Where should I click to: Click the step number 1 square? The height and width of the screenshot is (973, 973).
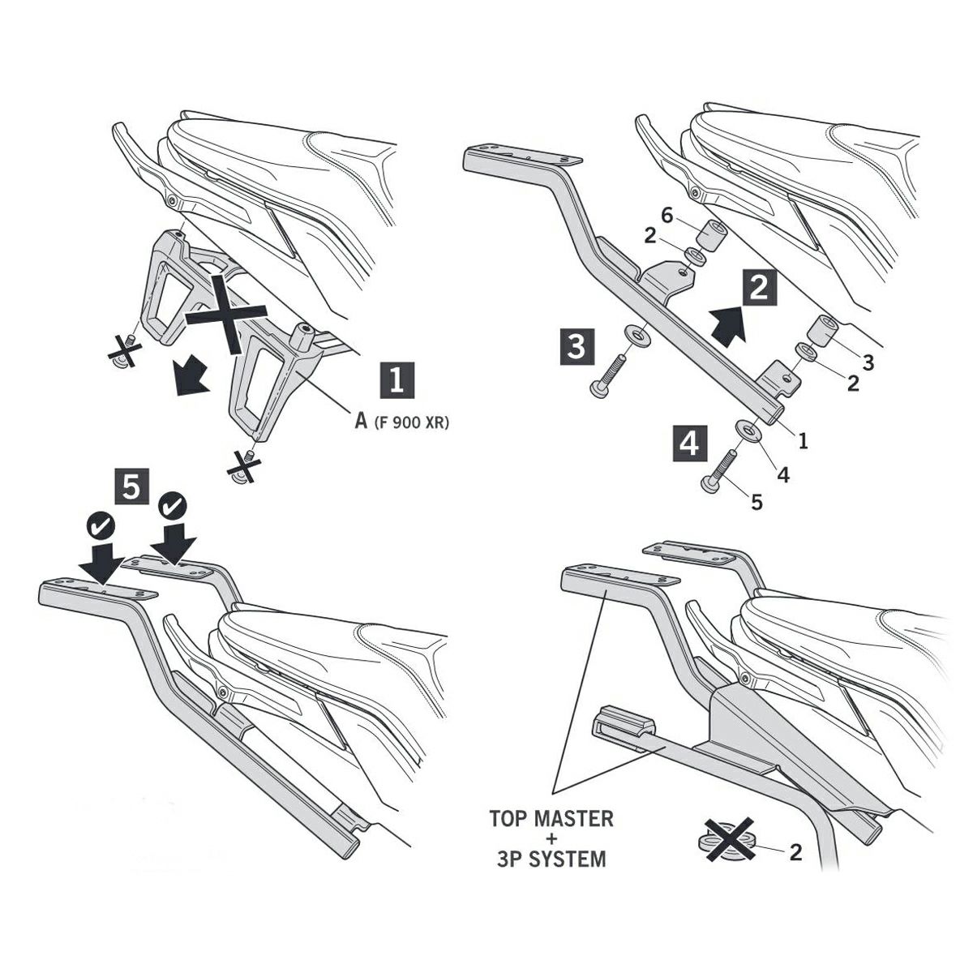click(x=397, y=381)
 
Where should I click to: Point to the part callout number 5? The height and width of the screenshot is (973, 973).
click(x=757, y=503)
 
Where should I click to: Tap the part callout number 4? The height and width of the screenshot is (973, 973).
click(x=782, y=474)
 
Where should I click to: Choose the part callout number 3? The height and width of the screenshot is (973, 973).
click(x=868, y=363)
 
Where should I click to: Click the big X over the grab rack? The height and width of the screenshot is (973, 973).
click(x=227, y=312)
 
